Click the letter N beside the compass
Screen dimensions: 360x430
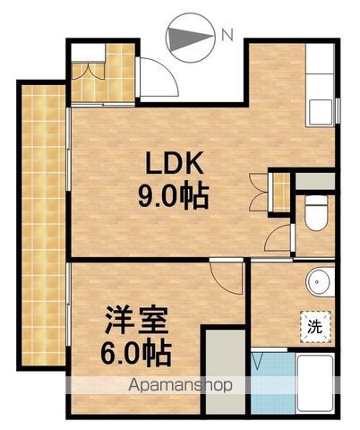click(227, 36)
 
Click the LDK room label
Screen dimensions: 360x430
click(175, 163)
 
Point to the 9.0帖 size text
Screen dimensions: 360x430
click(173, 197)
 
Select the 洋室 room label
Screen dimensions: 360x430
click(136, 320)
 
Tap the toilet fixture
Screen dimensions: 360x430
click(316, 212)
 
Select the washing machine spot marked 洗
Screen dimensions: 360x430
click(315, 327)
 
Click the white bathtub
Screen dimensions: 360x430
click(315, 383)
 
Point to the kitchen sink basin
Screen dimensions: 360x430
click(321, 112)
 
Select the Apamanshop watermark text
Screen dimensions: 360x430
click(180, 386)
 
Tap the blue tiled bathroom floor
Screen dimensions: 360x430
click(273, 383)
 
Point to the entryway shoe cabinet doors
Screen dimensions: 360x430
click(89, 71)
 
